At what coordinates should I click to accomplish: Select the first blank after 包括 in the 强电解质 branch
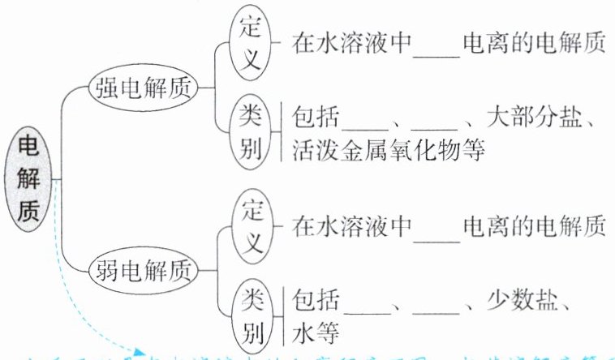click(368, 126)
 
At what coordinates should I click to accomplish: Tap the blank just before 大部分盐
click(435, 126)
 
